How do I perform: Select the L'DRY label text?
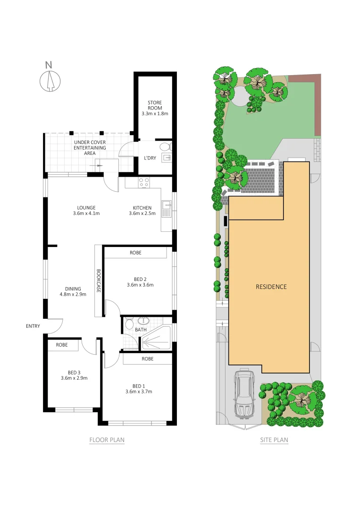coord(150,158)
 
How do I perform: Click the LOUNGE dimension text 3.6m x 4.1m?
coord(86,213)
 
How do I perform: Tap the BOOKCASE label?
coord(99,281)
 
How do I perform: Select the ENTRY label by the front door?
coord(33,326)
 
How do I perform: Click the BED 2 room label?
coord(140,279)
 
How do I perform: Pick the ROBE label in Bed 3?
coord(62,345)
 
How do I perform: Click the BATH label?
coord(140,330)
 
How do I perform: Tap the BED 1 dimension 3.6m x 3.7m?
coord(139,391)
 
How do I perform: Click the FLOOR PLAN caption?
coord(107,440)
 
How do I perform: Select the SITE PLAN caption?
coord(274,440)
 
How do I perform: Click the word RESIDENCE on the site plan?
coord(271,287)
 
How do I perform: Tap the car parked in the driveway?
coord(244,395)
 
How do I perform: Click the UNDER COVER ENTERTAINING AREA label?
coord(90,147)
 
